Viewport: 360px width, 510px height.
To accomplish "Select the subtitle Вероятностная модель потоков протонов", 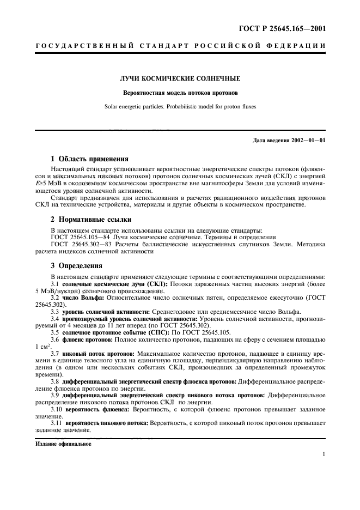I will pyautogui.click(x=180, y=93).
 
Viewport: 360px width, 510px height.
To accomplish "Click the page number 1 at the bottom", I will pyautogui.click(x=324, y=454).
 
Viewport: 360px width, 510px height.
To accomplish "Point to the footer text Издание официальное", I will pyautogui.click(x=64, y=444).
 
